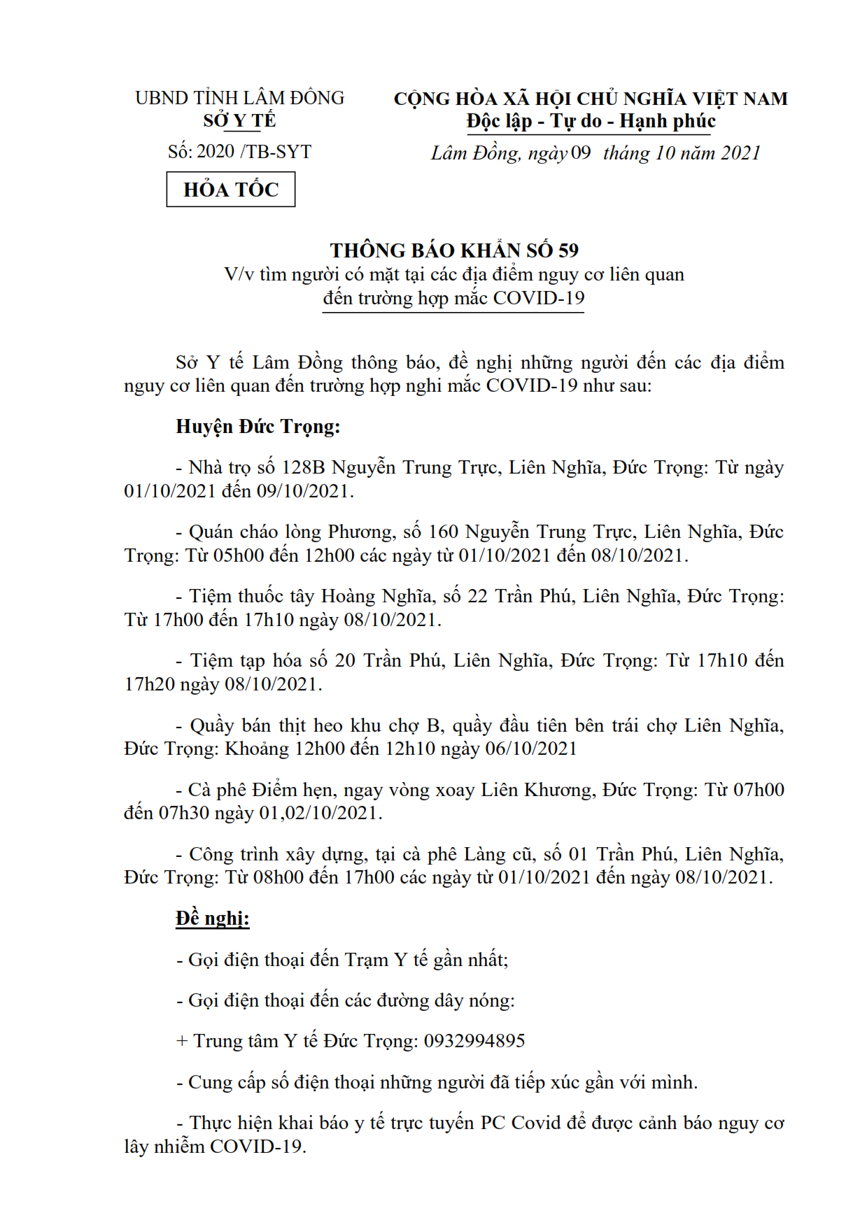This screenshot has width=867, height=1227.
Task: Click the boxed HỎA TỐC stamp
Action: point(230,190)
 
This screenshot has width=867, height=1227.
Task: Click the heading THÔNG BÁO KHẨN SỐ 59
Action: point(454,250)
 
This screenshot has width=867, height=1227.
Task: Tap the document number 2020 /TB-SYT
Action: point(254,152)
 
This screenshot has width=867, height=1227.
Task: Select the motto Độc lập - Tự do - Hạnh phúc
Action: point(591,121)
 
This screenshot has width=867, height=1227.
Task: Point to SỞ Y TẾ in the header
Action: point(239,120)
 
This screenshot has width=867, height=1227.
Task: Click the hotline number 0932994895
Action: point(474,1041)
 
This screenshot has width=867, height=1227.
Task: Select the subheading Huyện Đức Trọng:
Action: point(258,427)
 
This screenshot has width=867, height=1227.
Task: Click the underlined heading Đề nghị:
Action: point(212,918)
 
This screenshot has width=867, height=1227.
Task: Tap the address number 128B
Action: point(303,467)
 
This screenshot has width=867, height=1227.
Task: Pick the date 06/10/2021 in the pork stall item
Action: point(531,749)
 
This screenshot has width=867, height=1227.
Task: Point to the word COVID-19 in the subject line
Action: point(539,298)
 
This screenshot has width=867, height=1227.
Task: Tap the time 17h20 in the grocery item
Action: point(149,684)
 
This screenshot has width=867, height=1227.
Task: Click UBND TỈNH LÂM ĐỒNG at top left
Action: point(239,98)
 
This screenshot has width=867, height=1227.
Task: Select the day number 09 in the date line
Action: point(581,153)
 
